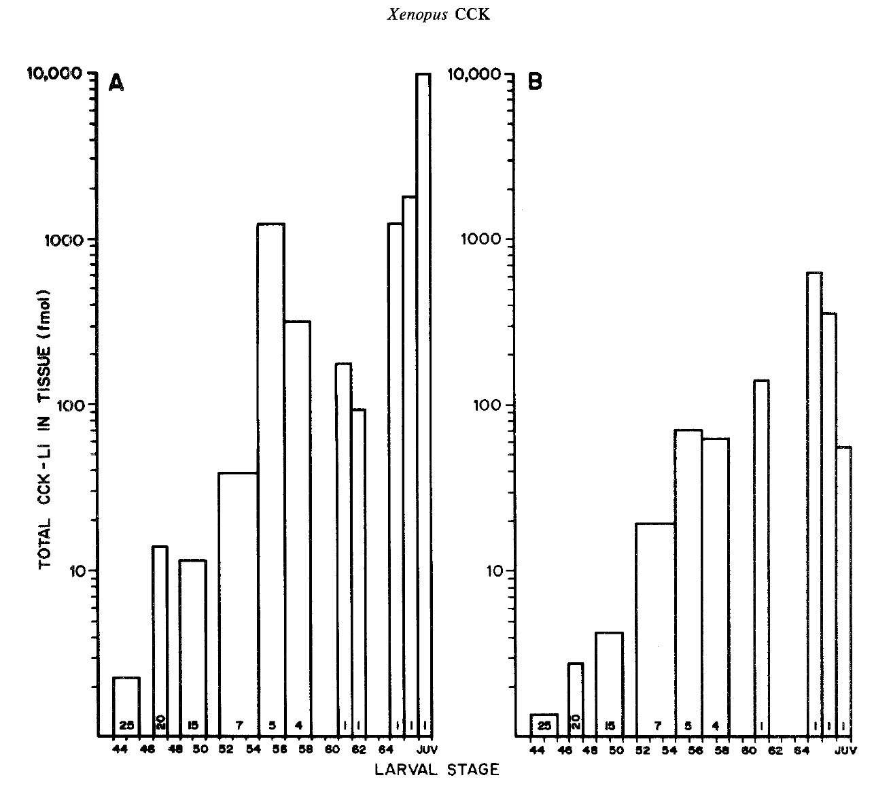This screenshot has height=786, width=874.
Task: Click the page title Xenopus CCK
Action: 437,16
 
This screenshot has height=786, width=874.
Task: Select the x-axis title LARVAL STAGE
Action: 437,770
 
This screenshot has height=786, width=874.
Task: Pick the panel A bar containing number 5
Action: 271,476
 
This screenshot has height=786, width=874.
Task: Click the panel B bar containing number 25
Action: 544,725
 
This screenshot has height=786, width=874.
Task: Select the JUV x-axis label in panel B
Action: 843,751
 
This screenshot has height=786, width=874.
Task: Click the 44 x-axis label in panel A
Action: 120,750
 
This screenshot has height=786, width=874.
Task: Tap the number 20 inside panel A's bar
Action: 160,724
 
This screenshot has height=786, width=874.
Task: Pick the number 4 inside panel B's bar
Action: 716,725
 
